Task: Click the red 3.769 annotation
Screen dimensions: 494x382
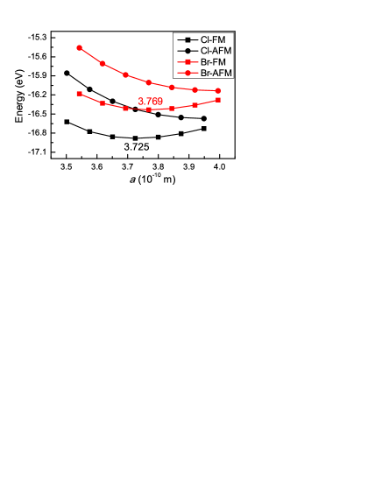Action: (x=150, y=101)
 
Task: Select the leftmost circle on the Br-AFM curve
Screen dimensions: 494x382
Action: (x=80, y=48)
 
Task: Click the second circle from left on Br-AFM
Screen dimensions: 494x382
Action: (x=103, y=63)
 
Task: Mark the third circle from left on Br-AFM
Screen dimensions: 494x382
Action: (x=125, y=74)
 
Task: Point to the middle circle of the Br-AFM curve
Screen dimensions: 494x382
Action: (x=149, y=82)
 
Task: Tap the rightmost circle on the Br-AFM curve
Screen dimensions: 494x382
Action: (x=217, y=90)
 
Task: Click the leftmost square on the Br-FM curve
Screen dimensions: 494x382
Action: (x=80, y=94)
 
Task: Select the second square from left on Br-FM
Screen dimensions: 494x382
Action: (x=103, y=103)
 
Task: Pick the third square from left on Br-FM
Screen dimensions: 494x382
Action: (x=125, y=109)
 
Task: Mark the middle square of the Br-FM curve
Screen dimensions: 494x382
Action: (x=149, y=109)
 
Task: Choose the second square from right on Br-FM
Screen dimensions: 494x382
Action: (x=195, y=105)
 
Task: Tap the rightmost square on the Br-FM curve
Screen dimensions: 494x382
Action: (x=217, y=100)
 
